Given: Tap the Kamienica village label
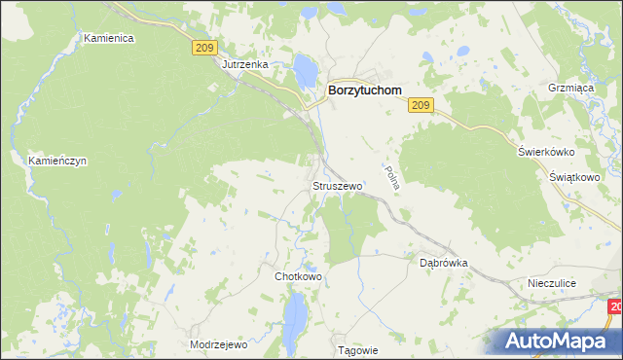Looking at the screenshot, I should [108, 38].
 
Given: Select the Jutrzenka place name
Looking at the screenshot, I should [244, 64].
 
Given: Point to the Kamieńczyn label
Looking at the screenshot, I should [57, 161].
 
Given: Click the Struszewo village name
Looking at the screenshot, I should [337, 185].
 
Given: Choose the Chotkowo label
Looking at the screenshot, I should [298, 276].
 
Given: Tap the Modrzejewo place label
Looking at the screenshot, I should [219, 344].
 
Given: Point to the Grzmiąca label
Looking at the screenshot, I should [570, 87].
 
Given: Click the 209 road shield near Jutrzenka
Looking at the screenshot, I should [202, 47].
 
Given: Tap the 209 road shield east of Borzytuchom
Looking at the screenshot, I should [421, 105].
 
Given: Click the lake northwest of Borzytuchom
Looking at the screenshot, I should [306, 69].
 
